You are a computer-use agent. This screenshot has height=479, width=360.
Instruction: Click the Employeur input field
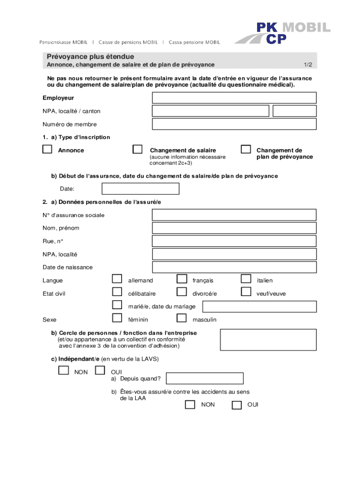pos(234,98)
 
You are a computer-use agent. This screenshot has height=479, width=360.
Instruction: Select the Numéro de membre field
pos(234,124)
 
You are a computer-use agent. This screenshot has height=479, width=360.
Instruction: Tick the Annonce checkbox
pos(47,150)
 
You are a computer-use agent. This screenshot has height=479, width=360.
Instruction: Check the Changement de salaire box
pos(137,150)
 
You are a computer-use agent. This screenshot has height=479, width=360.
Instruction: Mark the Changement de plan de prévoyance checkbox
pos(245,150)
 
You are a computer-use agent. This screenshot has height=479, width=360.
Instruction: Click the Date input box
pos(140,189)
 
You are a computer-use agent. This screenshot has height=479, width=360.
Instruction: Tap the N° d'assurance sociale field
pos(234,215)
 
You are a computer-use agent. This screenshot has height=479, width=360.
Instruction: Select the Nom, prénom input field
pos(234,228)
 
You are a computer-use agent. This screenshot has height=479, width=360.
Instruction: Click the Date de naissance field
pos(234,267)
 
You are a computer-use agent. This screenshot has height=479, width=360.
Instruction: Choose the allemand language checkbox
pos(116,279)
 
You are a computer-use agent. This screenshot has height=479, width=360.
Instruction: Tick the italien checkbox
pos(245,279)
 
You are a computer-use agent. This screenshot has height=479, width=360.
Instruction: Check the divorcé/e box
pos(181,292)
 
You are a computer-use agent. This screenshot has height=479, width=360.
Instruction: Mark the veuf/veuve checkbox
pos(245,292)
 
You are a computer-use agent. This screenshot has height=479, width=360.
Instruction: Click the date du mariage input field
pos(259,306)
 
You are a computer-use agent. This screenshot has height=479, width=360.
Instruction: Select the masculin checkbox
pos(181,319)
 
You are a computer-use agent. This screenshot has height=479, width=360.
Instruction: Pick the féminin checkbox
pos(116,319)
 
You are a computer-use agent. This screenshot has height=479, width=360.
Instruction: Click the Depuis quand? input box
pos(205,378)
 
